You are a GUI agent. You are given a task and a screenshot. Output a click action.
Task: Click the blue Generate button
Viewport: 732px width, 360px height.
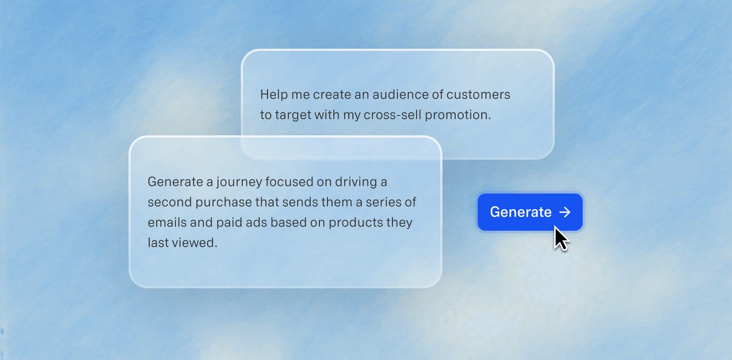pyautogui.click(x=530, y=212)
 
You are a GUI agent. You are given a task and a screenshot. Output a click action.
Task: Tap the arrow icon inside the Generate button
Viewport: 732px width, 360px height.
pyautogui.click(x=565, y=212)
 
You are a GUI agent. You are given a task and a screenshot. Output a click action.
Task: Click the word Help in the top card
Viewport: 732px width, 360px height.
pyautogui.click(x=273, y=94)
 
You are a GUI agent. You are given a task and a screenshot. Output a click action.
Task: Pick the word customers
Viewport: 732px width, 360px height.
pyautogui.click(x=478, y=94)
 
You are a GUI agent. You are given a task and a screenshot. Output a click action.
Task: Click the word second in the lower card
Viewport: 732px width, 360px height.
pyautogui.click(x=170, y=202)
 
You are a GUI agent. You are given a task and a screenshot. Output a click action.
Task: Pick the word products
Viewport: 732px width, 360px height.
pyautogui.click(x=355, y=223)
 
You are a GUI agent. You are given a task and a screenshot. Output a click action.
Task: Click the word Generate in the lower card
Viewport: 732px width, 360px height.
pyautogui.click(x=175, y=181)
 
